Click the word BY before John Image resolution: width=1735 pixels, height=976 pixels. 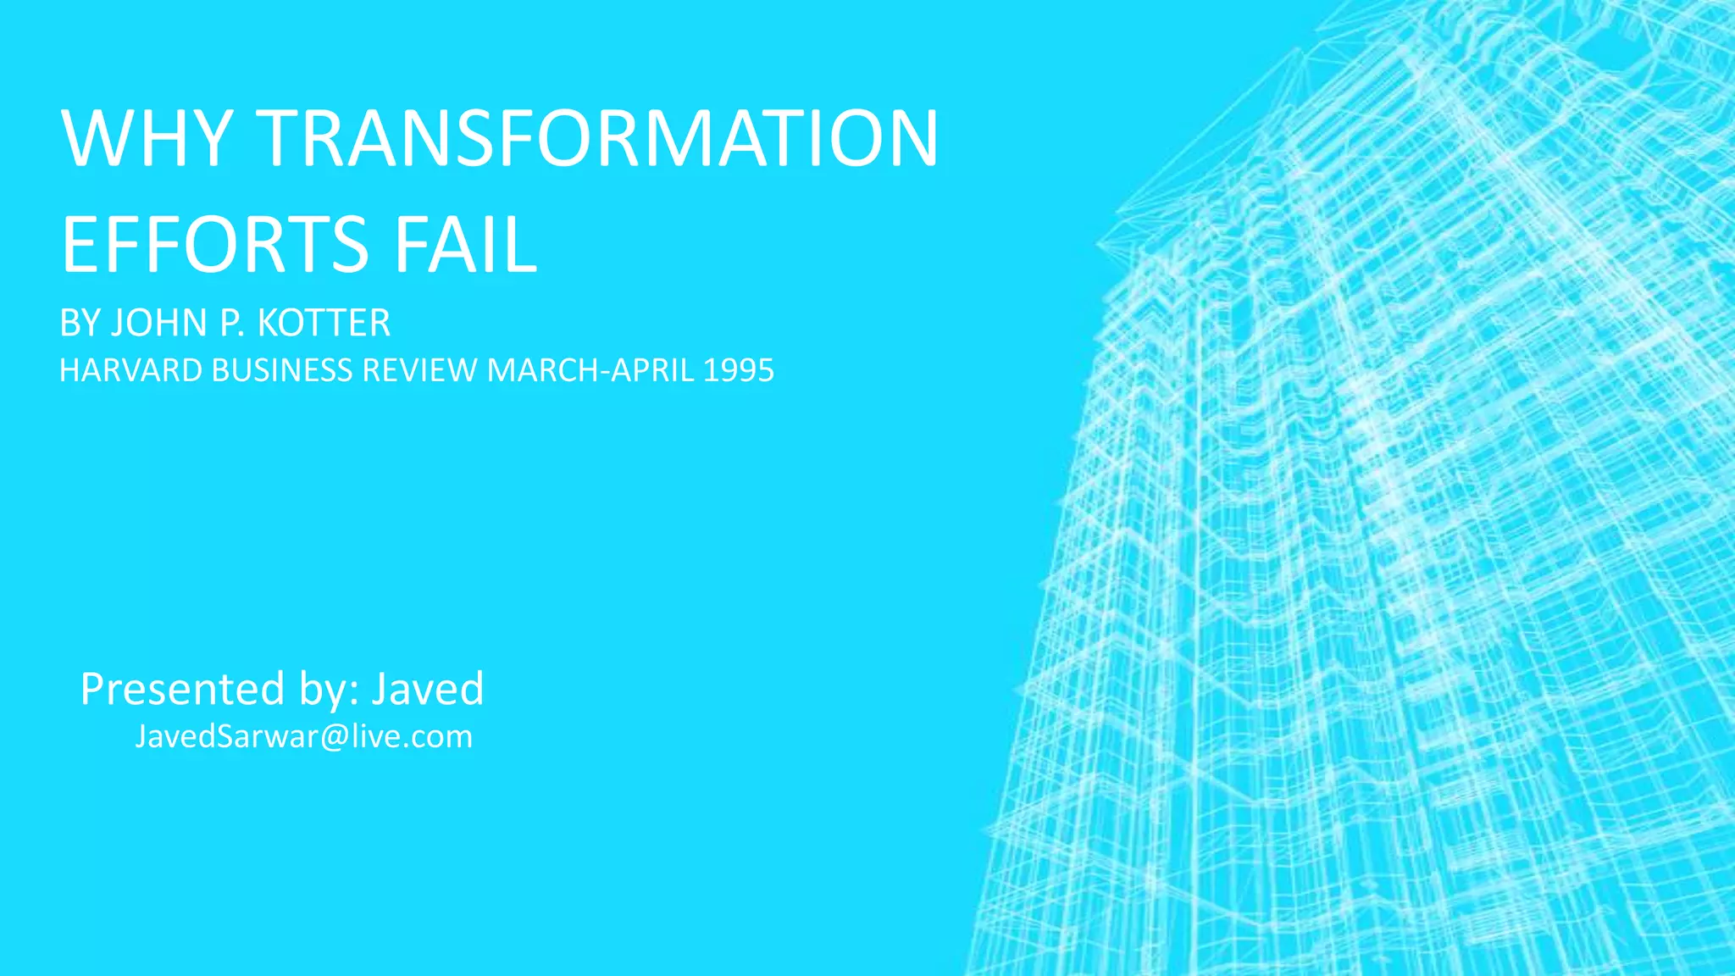click(x=80, y=324)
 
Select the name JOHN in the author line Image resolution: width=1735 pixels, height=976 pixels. click(x=160, y=324)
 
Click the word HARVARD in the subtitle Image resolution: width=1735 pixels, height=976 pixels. click(x=130, y=371)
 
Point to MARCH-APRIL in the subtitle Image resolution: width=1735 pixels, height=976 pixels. click(x=590, y=371)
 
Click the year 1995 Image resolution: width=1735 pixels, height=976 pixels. click(x=738, y=371)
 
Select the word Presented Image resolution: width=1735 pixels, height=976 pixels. click(x=182, y=689)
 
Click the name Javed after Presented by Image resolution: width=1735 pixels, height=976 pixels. click(x=428, y=689)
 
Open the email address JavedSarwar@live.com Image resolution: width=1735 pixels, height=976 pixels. click(x=303, y=736)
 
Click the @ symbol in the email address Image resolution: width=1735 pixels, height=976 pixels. click(x=335, y=737)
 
